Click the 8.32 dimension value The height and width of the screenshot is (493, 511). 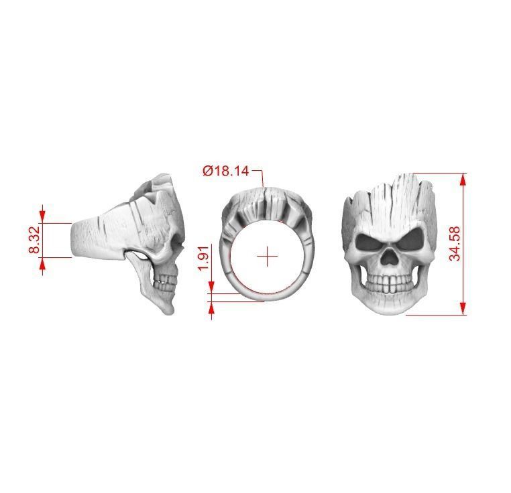click(35, 239)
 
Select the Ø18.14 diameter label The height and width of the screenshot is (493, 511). click(226, 171)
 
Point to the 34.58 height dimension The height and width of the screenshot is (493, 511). click(455, 243)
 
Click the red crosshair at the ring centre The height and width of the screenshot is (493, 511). click(268, 256)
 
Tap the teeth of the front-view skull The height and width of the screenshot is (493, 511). click(390, 285)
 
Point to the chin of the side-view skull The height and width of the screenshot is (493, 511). click(168, 309)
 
